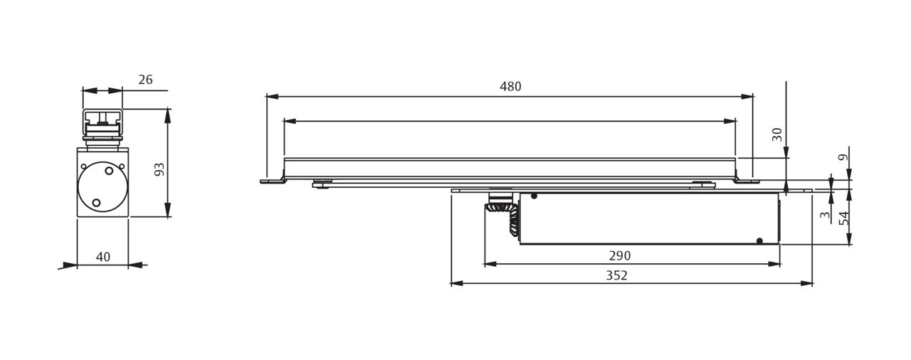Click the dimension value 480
tap(510, 87)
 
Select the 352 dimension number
tap(616, 275)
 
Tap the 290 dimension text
tap(619, 256)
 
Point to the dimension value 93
tap(159, 169)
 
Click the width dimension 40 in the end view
tap(103, 257)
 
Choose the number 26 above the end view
tap(145, 80)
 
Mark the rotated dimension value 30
tap(777, 134)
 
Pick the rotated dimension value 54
tap(844, 218)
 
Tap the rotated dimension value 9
tap(844, 157)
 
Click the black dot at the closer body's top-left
tap(534, 196)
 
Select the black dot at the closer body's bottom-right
tap(759, 240)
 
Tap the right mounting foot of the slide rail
tap(747, 181)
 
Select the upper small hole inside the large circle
tap(109, 171)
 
